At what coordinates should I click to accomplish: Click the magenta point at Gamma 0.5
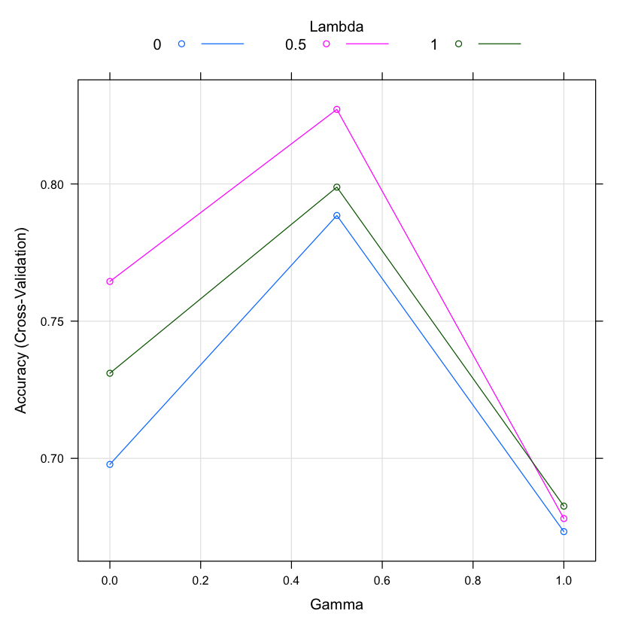click(x=337, y=110)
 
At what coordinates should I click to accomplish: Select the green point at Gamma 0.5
click(x=337, y=187)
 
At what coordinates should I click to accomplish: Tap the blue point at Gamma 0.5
click(x=337, y=216)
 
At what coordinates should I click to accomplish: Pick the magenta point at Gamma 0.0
click(x=110, y=281)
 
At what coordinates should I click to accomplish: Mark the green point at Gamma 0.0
click(x=110, y=373)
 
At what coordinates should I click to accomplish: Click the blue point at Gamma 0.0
click(x=110, y=464)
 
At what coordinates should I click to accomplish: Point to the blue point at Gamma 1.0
click(x=564, y=531)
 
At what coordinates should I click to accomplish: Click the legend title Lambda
click(x=337, y=26)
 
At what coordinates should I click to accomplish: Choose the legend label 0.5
click(x=295, y=44)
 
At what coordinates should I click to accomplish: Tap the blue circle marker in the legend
click(x=181, y=44)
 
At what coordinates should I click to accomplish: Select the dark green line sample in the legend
click(x=500, y=44)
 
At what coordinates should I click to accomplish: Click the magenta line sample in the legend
click(x=367, y=44)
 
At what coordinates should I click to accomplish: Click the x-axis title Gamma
click(x=337, y=604)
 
